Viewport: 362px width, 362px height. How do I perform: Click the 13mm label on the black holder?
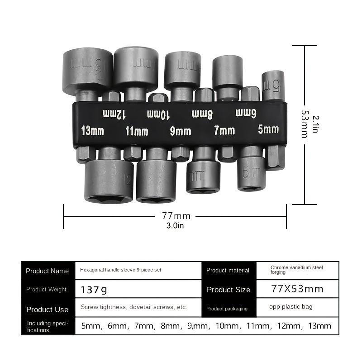point(92,131)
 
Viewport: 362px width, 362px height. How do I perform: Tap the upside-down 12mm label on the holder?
point(114,114)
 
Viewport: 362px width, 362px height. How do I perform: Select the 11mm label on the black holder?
point(137,131)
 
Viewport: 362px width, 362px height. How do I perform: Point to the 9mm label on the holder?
point(180,131)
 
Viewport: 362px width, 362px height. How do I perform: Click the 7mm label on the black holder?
point(224,131)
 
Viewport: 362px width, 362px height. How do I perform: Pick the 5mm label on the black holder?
point(268,129)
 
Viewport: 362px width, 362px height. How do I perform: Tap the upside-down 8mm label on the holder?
point(202,113)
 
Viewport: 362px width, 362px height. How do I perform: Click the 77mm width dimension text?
point(176,216)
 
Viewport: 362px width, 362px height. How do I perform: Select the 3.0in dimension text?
point(176,226)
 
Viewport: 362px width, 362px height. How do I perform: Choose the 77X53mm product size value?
point(297,289)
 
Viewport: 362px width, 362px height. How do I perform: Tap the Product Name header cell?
point(48,271)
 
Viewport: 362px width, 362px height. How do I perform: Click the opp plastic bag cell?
point(291,307)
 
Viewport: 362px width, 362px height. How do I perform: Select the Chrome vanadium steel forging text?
point(296,270)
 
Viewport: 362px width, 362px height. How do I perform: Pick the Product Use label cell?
point(48,310)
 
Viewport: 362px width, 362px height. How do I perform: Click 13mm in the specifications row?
point(319,326)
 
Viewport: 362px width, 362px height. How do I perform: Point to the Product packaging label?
point(227,309)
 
